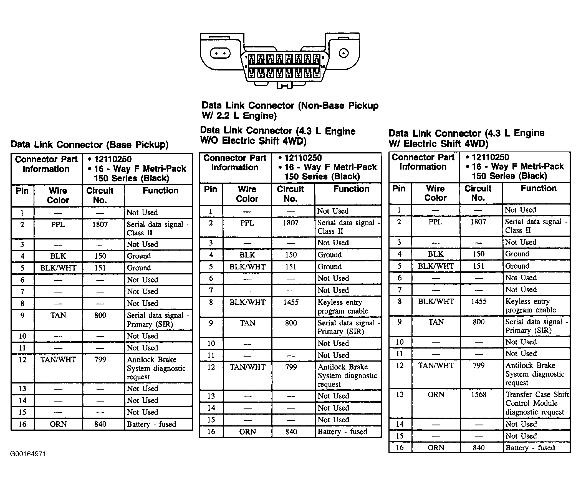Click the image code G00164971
[x=28, y=454]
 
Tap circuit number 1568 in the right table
[x=479, y=394]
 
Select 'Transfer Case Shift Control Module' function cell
[x=537, y=403]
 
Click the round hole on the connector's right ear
[x=344, y=53]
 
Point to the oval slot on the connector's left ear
[x=220, y=53]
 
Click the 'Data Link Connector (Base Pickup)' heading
[x=89, y=145]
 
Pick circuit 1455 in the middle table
[x=290, y=302]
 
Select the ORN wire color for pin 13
[x=436, y=394]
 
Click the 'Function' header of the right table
[x=539, y=188]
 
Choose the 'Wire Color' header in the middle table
[x=247, y=194]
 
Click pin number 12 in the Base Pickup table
[x=22, y=360]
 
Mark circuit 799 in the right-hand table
[x=479, y=365]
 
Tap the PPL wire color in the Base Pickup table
[x=58, y=224]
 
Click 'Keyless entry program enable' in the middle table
[x=343, y=306]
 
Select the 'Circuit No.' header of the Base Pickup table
[x=100, y=195]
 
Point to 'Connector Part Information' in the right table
[x=423, y=162]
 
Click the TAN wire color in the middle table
[x=247, y=323]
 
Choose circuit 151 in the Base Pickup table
[x=100, y=268]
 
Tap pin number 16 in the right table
[x=400, y=448]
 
